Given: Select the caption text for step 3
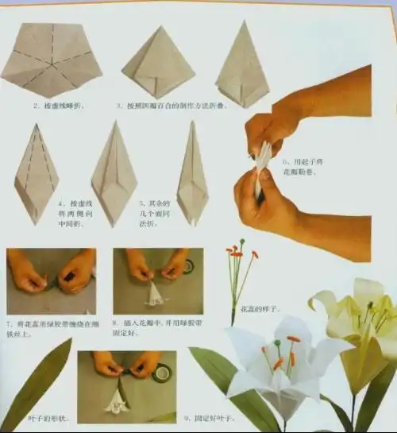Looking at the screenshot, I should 159,105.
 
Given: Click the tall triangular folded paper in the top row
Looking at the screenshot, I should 241,68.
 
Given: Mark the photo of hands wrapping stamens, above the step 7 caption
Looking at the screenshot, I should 51,281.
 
